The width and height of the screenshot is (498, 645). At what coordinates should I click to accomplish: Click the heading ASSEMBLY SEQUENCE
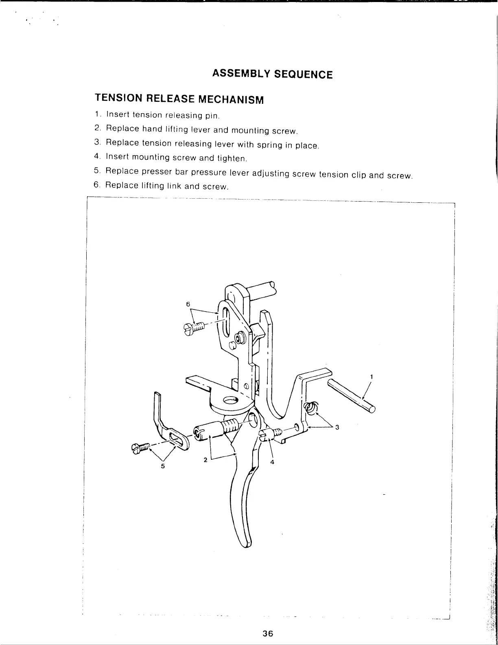coord(272,74)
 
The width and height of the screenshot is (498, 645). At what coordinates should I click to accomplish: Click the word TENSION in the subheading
coord(118,99)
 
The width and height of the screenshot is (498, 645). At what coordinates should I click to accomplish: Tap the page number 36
coord(267,633)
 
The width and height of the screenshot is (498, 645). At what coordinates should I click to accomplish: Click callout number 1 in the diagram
coord(371,377)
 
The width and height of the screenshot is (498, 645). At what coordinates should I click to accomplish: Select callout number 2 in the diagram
coord(205,460)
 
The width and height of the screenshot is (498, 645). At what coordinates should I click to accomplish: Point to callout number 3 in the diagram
coord(337,427)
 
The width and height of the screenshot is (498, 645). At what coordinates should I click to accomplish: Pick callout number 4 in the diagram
coord(273,461)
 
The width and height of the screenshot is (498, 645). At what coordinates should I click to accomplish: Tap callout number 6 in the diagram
coord(188,304)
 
